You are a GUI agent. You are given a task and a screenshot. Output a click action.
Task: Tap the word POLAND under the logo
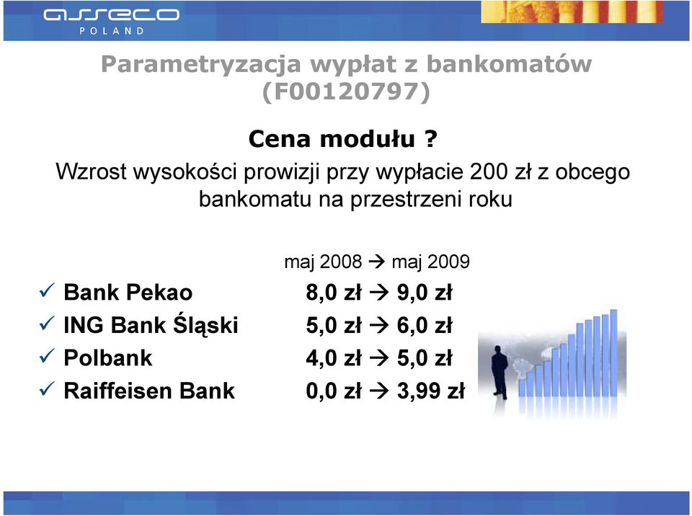(112, 31)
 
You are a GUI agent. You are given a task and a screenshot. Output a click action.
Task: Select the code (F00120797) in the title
(346, 92)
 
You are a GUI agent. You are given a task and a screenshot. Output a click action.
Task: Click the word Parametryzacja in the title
(201, 64)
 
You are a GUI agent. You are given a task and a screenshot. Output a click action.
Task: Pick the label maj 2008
(323, 262)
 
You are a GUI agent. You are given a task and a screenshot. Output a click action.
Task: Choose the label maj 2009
(431, 262)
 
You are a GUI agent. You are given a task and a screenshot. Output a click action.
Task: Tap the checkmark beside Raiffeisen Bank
(47, 389)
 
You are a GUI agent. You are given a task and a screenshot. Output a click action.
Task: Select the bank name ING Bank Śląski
(151, 324)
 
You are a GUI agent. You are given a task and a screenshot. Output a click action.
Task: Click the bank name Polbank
(108, 357)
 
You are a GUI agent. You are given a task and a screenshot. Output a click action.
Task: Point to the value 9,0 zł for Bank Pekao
(425, 293)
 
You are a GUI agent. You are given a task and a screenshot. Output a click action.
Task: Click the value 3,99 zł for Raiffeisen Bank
(431, 391)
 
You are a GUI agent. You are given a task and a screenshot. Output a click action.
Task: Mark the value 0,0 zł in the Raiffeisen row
(334, 391)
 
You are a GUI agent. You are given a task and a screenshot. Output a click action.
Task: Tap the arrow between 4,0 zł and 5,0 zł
(378, 357)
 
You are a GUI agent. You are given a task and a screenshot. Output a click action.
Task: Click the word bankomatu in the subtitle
(255, 199)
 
